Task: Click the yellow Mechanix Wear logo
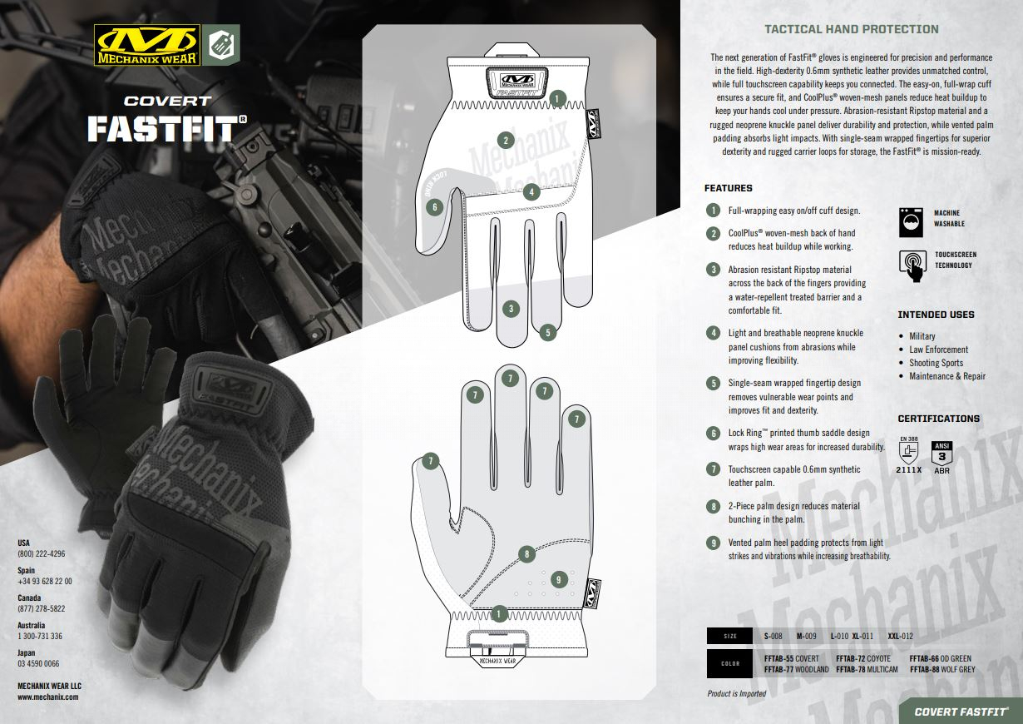[x=147, y=45]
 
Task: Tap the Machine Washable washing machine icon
[x=911, y=222]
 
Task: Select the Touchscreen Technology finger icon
[x=912, y=265]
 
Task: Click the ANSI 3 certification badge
[x=941, y=453]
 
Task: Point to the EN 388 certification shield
[x=909, y=453]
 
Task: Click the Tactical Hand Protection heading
[x=852, y=29]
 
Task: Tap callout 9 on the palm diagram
[x=559, y=580]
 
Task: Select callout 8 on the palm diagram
[x=526, y=554]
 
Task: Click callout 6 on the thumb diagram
[x=434, y=207]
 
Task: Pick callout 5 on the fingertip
[x=547, y=332]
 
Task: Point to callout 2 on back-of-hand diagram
[x=506, y=141]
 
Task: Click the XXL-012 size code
[x=900, y=636]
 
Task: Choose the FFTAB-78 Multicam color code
[x=867, y=670]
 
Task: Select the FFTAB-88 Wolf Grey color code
[x=942, y=670]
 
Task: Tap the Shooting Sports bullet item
[x=936, y=363]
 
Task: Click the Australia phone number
[x=40, y=637]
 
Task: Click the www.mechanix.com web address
[x=48, y=697]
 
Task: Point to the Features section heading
[x=728, y=188]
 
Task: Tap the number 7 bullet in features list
[x=713, y=469]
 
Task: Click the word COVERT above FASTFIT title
[x=168, y=101]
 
